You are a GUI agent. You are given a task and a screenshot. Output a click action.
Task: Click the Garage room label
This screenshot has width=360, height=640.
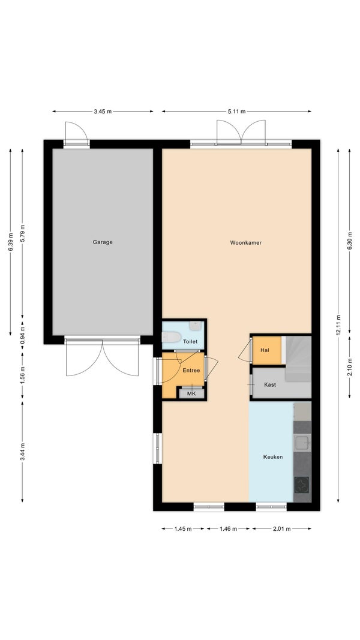(x=102, y=242)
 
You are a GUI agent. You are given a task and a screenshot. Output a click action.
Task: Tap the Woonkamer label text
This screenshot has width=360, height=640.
(x=245, y=243)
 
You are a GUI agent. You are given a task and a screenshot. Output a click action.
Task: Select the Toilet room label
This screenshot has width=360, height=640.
(x=190, y=341)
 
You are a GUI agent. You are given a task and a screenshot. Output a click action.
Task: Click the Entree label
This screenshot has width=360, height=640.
(x=191, y=370)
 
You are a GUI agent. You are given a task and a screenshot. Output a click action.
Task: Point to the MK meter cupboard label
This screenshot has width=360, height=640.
(x=191, y=393)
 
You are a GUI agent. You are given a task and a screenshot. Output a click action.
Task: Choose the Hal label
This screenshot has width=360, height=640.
(x=265, y=350)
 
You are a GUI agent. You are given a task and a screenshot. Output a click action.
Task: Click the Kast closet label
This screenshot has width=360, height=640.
(x=270, y=384)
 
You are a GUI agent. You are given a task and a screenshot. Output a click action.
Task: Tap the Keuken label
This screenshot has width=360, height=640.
(x=272, y=457)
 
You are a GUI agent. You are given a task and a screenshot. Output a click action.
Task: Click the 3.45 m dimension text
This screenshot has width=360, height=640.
(x=102, y=112)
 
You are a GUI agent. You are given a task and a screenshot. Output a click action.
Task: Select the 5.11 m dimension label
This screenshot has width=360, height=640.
(x=236, y=112)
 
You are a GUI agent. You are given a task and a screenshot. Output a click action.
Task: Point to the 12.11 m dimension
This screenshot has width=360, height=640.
(x=338, y=326)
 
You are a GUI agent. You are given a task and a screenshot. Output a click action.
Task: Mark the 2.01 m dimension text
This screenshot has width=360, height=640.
(x=281, y=528)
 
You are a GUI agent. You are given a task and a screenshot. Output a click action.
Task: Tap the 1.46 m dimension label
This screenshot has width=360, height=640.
(x=229, y=528)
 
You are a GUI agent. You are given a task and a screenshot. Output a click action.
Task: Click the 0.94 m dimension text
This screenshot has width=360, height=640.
(x=23, y=332)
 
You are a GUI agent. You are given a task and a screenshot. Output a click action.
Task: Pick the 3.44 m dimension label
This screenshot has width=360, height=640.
(x=23, y=451)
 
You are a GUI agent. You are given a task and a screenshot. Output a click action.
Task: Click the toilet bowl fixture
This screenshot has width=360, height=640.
(x=170, y=338)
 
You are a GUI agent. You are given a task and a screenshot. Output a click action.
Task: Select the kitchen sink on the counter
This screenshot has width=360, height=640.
(x=302, y=444)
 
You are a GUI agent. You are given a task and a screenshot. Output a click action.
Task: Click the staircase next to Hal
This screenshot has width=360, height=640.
(x=297, y=358)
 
